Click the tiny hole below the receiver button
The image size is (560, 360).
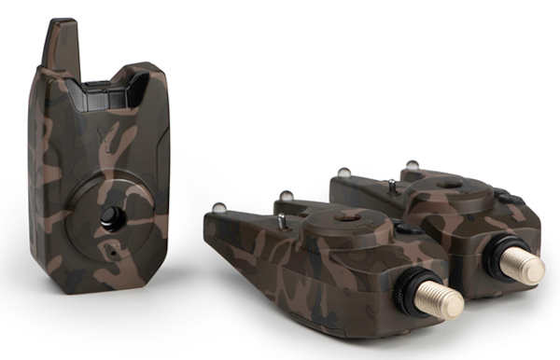pos(112,249)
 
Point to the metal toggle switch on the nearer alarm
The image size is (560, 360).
pos(281,220)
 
